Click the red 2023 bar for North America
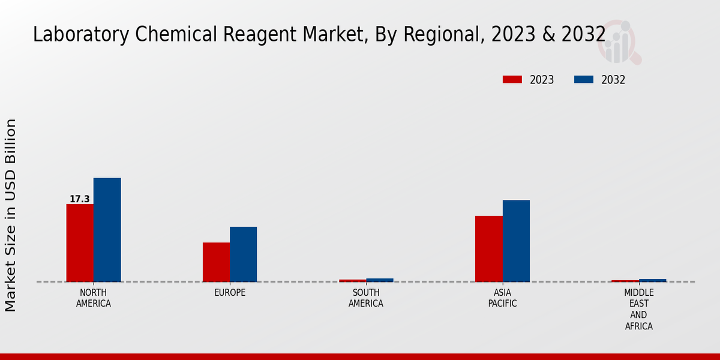click(80, 243)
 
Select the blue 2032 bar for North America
click(107, 230)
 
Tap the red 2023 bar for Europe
click(216, 262)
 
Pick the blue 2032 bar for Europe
click(243, 254)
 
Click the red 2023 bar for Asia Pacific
click(488, 249)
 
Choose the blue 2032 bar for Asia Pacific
click(516, 241)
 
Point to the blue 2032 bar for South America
click(380, 280)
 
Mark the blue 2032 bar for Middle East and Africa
click(652, 280)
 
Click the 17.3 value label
click(80, 199)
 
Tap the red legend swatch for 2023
click(512, 80)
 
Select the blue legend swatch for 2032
click(584, 80)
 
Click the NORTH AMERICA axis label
click(93, 298)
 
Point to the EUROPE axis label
click(230, 293)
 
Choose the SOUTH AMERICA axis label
click(366, 298)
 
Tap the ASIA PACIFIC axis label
click(502, 298)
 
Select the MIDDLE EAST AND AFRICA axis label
click(638, 310)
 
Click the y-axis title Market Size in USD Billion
click(11, 215)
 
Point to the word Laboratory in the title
click(81, 35)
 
